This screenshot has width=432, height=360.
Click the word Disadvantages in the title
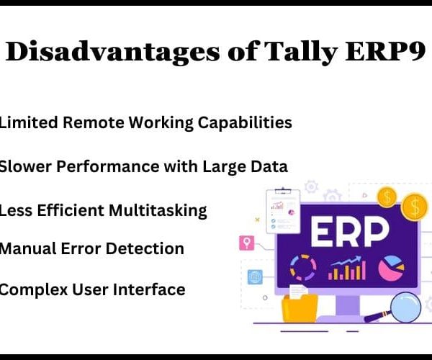tap(113, 51)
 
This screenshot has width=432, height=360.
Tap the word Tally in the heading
tap(301, 52)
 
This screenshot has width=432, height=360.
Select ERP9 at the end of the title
tap(385, 51)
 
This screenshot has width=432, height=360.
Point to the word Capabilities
tap(245, 123)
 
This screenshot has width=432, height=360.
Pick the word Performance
tap(108, 166)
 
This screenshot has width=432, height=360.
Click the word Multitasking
tap(158, 211)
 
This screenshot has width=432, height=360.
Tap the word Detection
tap(145, 248)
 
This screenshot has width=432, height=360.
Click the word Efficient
tap(71, 210)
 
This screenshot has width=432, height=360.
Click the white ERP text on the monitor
tap(349, 231)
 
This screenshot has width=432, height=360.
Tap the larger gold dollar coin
tap(415, 207)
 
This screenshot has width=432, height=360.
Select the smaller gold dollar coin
tap(387, 197)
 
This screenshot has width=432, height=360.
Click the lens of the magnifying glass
tap(406, 307)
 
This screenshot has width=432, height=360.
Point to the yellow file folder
tap(300, 307)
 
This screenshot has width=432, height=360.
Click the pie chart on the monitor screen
tap(391, 268)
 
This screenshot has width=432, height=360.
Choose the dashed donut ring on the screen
tap(303, 268)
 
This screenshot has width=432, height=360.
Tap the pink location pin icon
tap(247, 243)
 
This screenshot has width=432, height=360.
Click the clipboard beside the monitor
tap(283, 211)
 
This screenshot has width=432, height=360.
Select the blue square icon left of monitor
tap(255, 276)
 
